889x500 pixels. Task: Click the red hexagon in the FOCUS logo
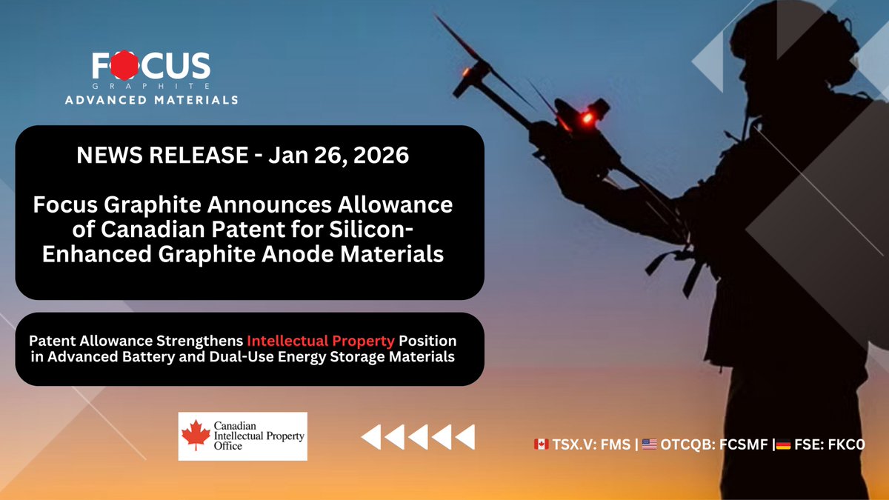tap(124, 65)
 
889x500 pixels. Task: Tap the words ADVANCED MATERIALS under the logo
tap(152, 100)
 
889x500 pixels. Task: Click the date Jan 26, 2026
tap(339, 156)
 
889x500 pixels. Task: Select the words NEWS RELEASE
tap(162, 155)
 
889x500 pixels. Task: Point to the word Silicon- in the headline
tap(370, 230)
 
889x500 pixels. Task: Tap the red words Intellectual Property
tap(321, 341)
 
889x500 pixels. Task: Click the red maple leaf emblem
tap(196, 435)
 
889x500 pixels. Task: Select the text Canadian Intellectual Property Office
tap(259, 436)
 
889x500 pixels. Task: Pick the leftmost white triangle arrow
tap(371, 437)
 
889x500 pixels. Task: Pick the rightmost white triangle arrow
tap(465, 437)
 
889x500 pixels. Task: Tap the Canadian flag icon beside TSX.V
tap(542, 444)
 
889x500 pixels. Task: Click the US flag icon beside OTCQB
tap(649, 444)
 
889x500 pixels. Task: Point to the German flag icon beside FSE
tap(784, 444)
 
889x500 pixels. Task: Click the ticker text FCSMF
tap(743, 444)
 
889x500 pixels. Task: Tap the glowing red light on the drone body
tap(587, 118)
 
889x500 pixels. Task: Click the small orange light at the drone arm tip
tap(465, 73)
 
